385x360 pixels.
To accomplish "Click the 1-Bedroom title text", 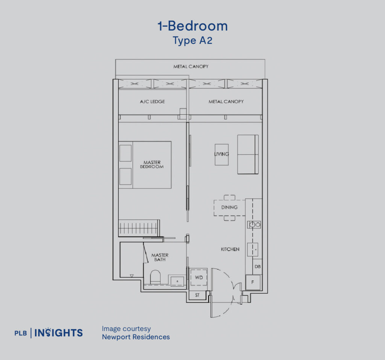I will tap(192, 26).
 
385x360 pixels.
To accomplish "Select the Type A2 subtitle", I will tap(192, 41).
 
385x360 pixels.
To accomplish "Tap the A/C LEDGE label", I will tap(152, 102).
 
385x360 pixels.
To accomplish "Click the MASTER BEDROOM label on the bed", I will tap(152, 164).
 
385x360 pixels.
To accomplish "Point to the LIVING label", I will tap(221, 154).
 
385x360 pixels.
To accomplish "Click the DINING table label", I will tap(229, 207).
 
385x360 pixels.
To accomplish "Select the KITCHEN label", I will tap(230, 249).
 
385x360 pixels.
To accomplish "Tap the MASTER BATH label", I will tap(160, 257).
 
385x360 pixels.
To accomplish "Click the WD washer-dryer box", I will tap(199, 278).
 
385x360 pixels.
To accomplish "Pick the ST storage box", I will tap(197, 295).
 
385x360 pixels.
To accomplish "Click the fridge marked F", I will tap(253, 282).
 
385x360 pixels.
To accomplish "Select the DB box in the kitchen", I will tap(257, 266).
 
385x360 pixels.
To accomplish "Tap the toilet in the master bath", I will tap(155, 278).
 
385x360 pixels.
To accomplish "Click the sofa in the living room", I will tap(247, 154).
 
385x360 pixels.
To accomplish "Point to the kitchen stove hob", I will tap(254, 225).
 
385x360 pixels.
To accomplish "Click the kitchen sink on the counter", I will tap(253, 249).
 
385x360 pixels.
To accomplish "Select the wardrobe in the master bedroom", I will tap(139, 228).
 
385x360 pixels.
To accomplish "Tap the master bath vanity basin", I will tap(177, 280).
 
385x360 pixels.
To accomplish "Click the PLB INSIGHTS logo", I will tap(49, 333).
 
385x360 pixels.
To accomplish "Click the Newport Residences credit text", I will tap(136, 337).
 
